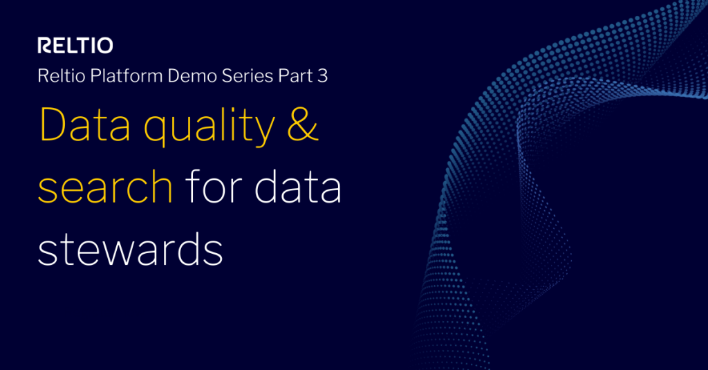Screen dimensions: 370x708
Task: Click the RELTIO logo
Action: [75, 46]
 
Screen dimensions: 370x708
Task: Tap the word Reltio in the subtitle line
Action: [57, 76]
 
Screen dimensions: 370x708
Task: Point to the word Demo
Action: [189, 76]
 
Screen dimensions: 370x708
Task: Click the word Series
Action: [247, 76]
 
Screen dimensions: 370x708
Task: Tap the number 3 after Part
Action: [322, 76]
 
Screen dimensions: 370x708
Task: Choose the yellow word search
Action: [104, 188]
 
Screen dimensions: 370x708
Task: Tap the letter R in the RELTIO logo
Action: [44, 46]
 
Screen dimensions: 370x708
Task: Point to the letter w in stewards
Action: [117, 252]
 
